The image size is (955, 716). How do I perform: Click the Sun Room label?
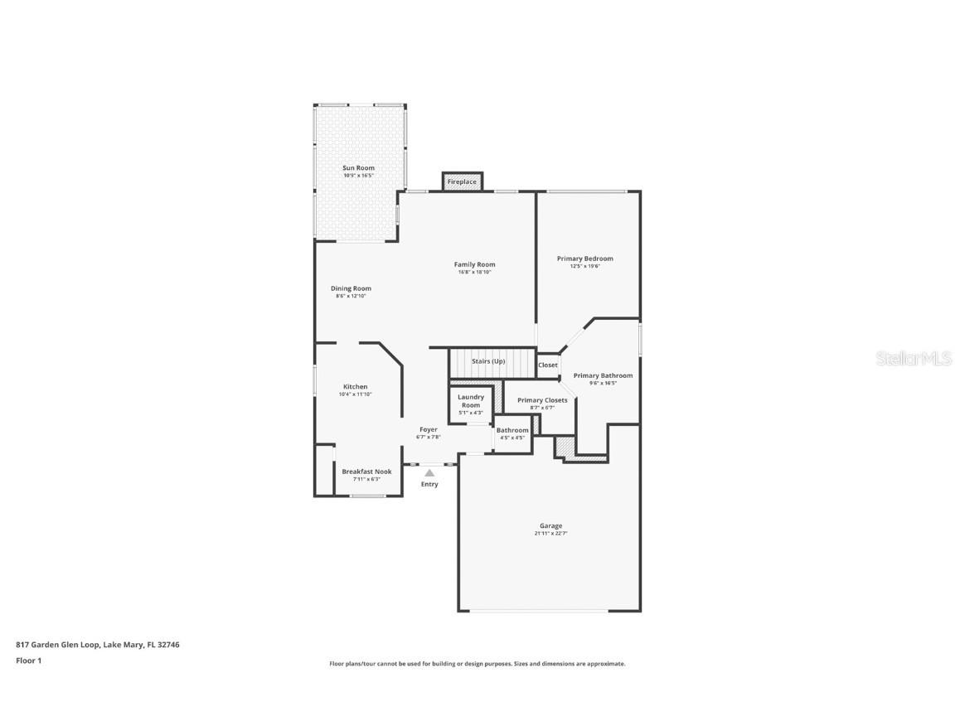point(359,168)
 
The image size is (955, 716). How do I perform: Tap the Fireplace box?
point(462,181)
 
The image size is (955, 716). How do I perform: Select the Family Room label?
point(474,264)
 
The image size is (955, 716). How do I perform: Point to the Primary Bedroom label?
point(584,259)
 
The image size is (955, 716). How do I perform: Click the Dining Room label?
point(351,288)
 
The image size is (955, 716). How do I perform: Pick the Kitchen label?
point(355,387)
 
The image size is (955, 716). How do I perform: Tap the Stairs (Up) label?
point(488,361)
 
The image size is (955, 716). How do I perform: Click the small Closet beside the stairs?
point(548,365)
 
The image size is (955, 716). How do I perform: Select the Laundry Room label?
point(470,401)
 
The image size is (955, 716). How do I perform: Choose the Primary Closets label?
point(542,400)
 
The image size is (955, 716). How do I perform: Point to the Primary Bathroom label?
point(603,375)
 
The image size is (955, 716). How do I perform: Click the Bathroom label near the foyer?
point(512,430)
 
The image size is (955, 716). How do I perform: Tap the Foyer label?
point(428,429)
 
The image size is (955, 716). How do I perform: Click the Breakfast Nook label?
point(366,472)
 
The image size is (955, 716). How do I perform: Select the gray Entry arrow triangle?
point(429,472)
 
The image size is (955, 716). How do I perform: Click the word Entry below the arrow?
point(429,484)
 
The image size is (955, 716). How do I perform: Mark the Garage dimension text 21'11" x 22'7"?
point(550,534)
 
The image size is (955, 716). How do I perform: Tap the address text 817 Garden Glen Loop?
point(58,644)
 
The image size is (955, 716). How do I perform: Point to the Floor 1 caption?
point(28,660)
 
